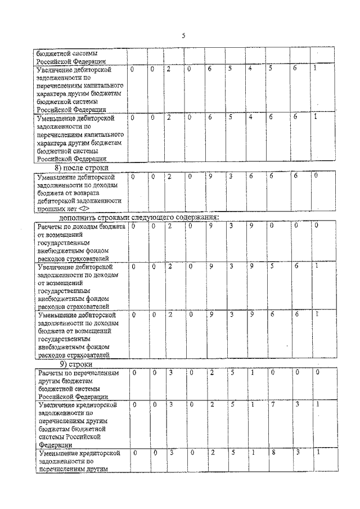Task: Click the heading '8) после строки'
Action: [81, 168]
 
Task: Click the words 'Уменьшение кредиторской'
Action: [76, 453]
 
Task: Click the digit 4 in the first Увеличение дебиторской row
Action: [250, 69]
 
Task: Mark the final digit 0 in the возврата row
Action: [316, 177]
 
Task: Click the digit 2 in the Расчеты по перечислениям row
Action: [210, 372]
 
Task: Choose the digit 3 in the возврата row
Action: [231, 177]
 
